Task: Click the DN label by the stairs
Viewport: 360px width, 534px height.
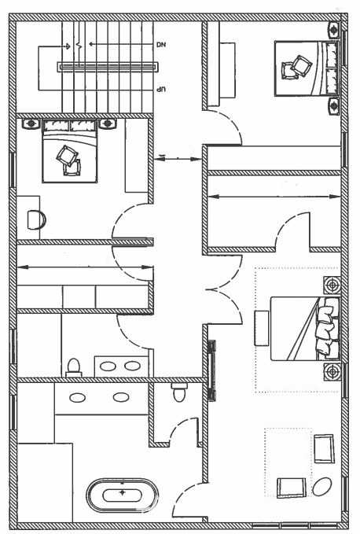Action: pos(160,45)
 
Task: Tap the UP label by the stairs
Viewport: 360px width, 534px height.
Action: pos(160,90)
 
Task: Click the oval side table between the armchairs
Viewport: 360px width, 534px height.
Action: pos(321,487)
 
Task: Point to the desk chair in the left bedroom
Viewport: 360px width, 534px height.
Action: pos(36,220)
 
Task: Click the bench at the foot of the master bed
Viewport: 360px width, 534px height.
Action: pos(262,328)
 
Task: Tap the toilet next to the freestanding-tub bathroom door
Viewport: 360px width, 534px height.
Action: pos(179,392)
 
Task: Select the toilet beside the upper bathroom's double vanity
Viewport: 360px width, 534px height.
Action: pos(74,368)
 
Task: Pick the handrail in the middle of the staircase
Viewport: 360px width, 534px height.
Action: pos(108,67)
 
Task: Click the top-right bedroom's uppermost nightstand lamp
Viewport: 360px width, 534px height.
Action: pos(334,30)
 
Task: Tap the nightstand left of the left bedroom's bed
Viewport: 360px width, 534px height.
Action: pos(31,123)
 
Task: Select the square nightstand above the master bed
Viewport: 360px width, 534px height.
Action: pos(332,285)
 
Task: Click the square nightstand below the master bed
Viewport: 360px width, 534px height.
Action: pos(332,371)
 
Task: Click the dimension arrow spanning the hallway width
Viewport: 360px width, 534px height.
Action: pos(178,158)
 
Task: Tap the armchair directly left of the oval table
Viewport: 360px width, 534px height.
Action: pos(292,488)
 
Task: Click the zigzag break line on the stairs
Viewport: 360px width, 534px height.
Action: pos(79,45)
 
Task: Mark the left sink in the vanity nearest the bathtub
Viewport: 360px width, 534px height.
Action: pos(78,397)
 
